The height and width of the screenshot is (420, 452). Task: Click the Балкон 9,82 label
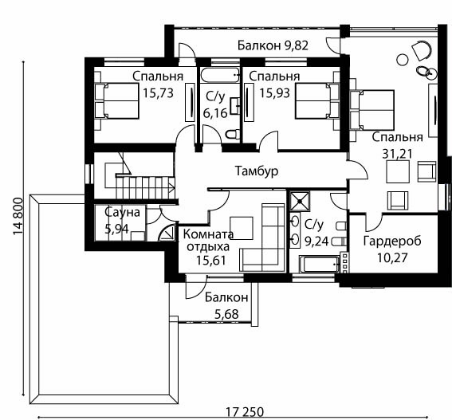[x=273, y=45]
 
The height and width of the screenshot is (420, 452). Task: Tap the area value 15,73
[x=158, y=93]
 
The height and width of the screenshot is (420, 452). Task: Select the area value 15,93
[x=274, y=93]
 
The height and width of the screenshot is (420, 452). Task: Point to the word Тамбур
[x=257, y=171]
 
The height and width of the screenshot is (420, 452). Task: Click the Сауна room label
[x=122, y=213]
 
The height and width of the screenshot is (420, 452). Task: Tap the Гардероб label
[x=392, y=241]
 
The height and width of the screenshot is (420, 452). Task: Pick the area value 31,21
[x=397, y=154]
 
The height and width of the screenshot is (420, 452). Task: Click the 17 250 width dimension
[x=245, y=412]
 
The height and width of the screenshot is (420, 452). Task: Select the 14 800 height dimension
[x=18, y=216]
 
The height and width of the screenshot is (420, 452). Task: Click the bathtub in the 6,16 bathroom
[x=220, y=75]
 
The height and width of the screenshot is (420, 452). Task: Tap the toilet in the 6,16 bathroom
[x=232, y=134]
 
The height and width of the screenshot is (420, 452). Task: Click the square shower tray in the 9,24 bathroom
[x=300, y=201]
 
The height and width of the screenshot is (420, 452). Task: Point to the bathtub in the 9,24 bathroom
[x=320, y=264]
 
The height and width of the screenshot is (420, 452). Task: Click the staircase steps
[x=145, y=187]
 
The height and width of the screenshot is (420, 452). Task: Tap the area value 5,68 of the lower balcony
[x=226, y=314]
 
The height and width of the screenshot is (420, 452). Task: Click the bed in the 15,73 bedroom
[x=116, y=101]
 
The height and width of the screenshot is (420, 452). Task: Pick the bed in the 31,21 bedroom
[x=372, y=109]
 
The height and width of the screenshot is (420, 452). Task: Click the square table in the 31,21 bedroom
[x=398, y=172]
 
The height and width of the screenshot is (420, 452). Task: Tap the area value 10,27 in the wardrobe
[x=392, y=257]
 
